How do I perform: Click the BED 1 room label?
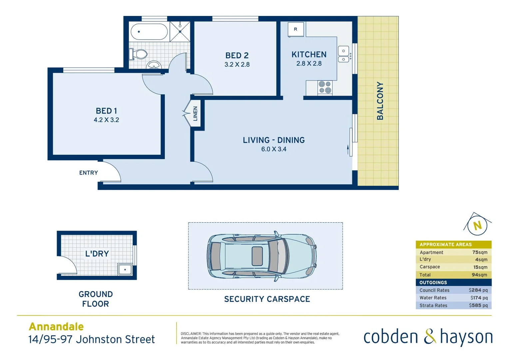106,111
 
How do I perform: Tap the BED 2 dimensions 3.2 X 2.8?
237,65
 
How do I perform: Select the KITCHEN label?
309,54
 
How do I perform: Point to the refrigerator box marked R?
295,29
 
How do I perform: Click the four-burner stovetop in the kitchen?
325,87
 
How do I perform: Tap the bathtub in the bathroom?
149,32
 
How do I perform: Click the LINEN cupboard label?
196,113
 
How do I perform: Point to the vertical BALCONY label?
380,101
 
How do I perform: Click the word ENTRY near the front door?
89,173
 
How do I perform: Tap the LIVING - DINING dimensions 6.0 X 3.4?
273,149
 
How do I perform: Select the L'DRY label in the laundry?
97,254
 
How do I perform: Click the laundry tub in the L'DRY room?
125,269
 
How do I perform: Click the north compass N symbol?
477,226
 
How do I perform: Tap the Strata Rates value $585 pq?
478,305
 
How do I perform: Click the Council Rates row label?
434,290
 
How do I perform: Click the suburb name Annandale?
56,326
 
